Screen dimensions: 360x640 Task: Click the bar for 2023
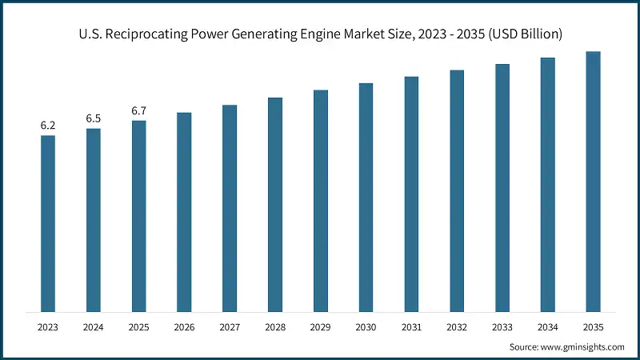pyautogui.click(x=48, y=223)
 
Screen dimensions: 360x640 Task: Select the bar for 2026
pyautogui.click(x=184, y=212)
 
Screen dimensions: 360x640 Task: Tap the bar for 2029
pyautogui.click(x=321, y=201)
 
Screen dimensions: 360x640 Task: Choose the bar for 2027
pyautogui.click(x=230, y=208)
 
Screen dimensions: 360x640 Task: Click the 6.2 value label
pyautogui.click(x=48, y=126)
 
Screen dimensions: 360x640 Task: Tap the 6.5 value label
pyautogui.click(x=94, y=118)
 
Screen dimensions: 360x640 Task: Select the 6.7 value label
pyautogui.click(x=139, y=110)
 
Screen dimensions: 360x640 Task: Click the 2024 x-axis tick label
pyautogui.click(x=94, y=327)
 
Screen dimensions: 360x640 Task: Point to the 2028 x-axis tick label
pyautogui.click(x=275, y=327)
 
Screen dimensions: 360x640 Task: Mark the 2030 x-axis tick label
pyautogui.click(x=366, y=327)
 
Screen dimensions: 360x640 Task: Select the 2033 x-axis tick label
pyautogui.click(x=502, y=327)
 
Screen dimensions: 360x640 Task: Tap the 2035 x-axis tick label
pyautogui.click(x=593, y=327)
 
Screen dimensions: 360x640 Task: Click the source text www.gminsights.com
pyautogui.click(x=585, y=347)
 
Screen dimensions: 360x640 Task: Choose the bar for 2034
pyautogui.click(x=547, y=184)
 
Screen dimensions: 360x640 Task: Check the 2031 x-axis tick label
pyautogui.click(x=411, y=327)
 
